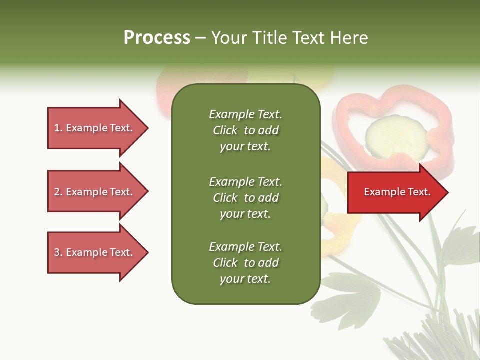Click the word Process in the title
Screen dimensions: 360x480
pos(157,38)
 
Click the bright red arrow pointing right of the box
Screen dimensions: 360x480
pos(395,192)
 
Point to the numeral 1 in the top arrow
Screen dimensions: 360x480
pos(57,128)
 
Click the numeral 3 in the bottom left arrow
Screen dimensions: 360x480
pos(57,252)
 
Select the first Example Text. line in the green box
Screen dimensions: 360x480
pos(245,114)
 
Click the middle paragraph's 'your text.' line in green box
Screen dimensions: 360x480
pos(245,214)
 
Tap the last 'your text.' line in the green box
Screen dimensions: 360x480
pos(245,279)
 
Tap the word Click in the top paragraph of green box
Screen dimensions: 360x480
pos(225,130)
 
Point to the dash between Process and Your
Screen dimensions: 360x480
pos(200,38)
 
